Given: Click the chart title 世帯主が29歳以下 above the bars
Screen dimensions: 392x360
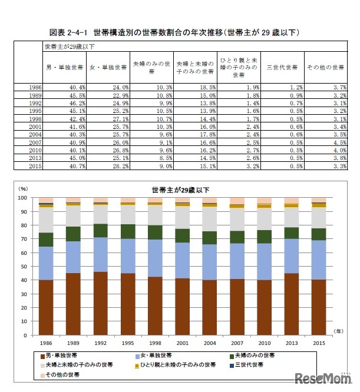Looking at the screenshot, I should click(176, 190).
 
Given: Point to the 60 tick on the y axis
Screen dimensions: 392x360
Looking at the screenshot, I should click(23, 253).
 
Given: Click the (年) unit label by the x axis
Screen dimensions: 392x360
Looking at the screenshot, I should click(339, 331).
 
